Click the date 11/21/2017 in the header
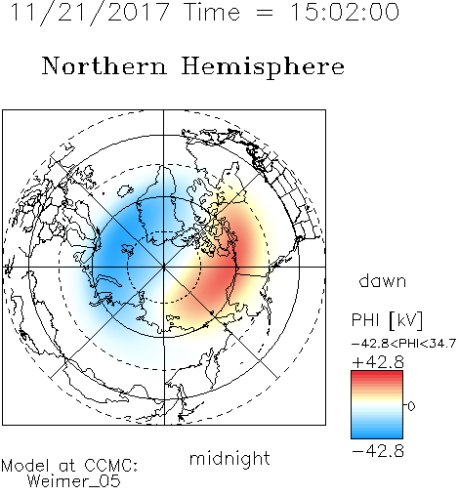coord(90,13)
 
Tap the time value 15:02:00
coord(345,12)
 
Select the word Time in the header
coord(212,12)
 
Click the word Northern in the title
coord(104,65)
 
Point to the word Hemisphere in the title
coord(263,67)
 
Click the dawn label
coord(383,281)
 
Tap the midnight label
coord(229,459)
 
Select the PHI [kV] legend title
coord(387,320)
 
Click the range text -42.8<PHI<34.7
coord(403,344)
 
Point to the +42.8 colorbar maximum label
coord(378,362)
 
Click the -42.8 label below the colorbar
coord(378,451)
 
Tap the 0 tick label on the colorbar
coord(411,406)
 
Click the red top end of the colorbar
coord(377,373)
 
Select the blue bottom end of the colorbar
coord(377,435)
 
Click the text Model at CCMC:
coord(69,466)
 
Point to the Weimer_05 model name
coord(74,481)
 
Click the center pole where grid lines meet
coord(164,268)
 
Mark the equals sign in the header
coord(265,13)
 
